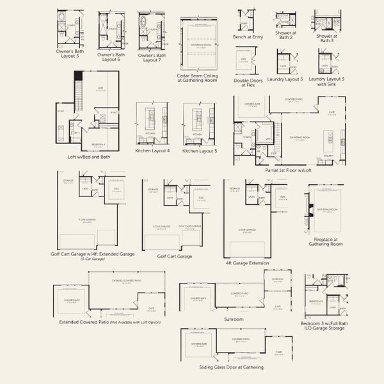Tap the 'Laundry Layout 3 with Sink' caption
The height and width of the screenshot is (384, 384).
tap(326, 81)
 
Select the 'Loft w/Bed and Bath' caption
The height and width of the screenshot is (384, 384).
tap(89, 157)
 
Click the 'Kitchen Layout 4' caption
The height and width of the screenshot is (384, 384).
tap(152, 151)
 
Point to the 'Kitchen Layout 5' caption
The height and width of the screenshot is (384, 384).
tap(200, 151)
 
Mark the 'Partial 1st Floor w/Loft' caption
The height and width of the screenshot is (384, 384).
tap(289, 171)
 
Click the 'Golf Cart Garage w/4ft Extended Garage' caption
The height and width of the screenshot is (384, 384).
tap(93, 254)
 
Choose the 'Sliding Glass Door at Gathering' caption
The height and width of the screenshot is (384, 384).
tap(231, 367)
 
